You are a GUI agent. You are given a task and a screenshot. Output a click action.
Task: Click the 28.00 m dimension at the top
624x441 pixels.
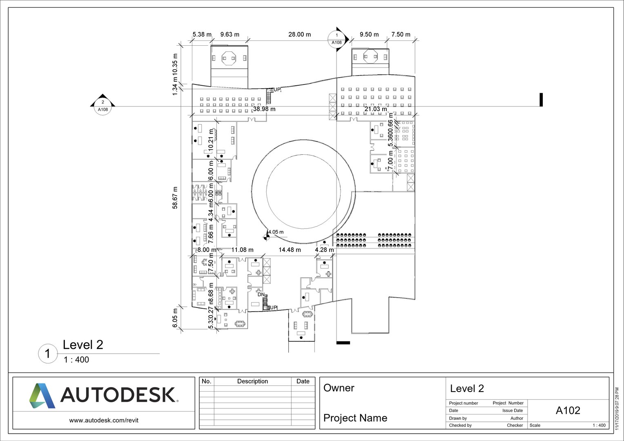click(299, 35)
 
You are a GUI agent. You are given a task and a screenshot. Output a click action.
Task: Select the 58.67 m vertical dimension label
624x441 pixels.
click(175, 198)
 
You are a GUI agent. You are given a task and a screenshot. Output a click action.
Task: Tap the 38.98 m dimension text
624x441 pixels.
click(264, 109)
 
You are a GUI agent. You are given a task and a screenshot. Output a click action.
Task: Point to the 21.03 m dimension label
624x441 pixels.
click(375, 109)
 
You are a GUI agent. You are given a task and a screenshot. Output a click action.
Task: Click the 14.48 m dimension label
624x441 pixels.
click(290, 249)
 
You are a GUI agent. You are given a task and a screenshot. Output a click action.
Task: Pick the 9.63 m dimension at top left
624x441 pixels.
click(230, 35)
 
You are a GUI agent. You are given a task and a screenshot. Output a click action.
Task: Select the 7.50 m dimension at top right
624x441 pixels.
click(401, 35)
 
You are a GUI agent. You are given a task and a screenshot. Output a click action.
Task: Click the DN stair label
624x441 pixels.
click(261, 294)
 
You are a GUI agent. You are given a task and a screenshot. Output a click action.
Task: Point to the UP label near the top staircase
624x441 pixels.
click(277, 90)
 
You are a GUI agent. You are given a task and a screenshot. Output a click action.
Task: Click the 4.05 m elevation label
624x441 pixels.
click(276, 232)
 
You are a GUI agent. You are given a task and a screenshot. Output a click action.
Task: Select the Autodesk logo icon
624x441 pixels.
click(42, 395)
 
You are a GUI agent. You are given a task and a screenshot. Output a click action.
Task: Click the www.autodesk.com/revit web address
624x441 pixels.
click(104, 420)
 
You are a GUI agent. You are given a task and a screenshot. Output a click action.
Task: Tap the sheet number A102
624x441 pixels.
click(568, 410)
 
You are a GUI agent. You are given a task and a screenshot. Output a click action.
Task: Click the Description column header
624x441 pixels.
click(252, 381)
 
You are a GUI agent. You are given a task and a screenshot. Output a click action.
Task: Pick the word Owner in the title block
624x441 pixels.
click(339, 388)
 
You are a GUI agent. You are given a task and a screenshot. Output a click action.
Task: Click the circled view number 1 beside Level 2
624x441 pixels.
click(48, 354)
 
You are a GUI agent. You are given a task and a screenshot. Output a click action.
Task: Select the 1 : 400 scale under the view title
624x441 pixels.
click(76, 360)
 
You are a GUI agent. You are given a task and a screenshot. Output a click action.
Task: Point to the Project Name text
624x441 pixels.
click(355, 418)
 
